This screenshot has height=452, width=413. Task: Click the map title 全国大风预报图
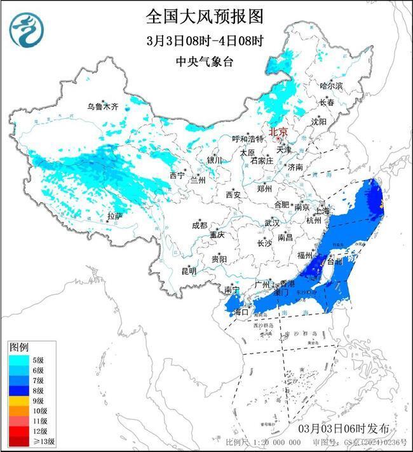(x=205, y=15)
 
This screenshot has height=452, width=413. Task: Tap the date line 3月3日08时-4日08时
(x=205, y=40)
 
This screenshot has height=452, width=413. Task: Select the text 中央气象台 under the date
(x=205, y=61)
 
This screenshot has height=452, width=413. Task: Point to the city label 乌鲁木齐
(x=103, y=106)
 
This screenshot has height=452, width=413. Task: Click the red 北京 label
(x=278, y=132)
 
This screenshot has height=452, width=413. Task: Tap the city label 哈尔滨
(x=330, y=85)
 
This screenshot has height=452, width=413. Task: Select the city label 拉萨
(x=114, y=216)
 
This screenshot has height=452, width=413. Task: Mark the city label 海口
(x=240, y=312)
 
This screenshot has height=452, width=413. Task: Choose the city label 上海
(x=321, y=210)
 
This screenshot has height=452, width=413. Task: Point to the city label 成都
(x=199, y=226)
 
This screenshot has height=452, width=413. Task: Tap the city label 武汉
(x=272, y=224)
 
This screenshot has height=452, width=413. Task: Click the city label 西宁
(x=176, y=175)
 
